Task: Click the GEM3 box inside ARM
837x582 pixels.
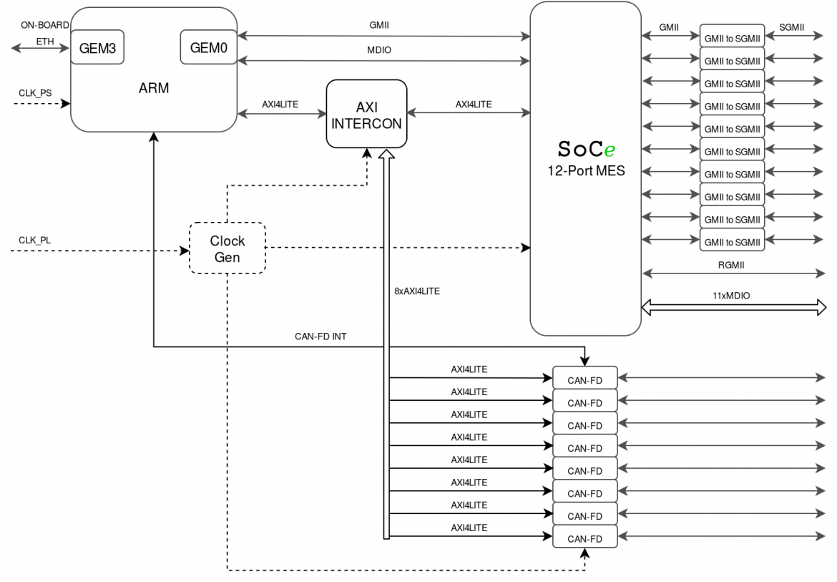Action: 97,47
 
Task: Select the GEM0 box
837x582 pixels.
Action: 208,47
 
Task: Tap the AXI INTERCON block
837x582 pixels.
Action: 366,114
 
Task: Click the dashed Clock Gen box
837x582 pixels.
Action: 227,248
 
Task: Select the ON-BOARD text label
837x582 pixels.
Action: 44,25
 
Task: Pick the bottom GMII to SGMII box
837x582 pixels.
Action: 732,242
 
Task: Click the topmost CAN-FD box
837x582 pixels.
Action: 584,379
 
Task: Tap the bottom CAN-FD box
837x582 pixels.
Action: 584,538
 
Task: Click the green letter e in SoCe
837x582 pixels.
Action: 610,151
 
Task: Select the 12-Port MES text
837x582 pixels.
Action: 585,171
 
